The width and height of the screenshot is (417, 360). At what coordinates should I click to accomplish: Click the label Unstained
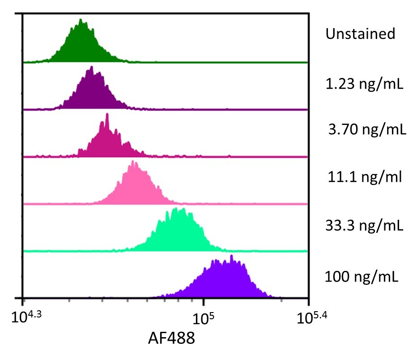[x=361, y=34]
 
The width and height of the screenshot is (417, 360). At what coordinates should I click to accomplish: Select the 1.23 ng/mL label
[x=364, y=84]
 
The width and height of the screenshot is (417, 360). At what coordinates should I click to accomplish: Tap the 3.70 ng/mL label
[x=367, y=130]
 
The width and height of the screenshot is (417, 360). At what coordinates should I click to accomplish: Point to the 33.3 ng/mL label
[x=364, y=225]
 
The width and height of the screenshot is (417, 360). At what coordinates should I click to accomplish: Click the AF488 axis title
[x=171, y=339]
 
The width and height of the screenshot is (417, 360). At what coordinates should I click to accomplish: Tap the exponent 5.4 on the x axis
[x=321, y=315]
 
